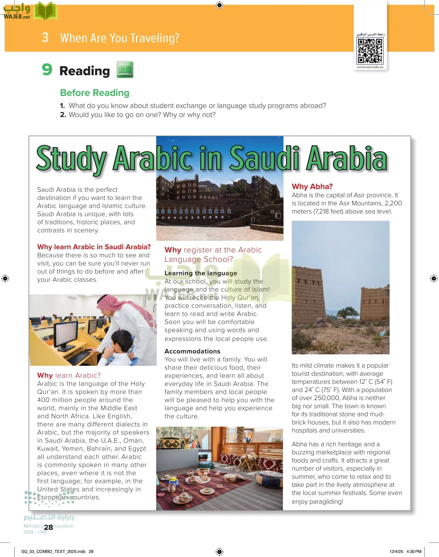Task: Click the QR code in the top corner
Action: coord(370,51)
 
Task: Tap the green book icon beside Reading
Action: coord(125,70)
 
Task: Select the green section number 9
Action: coord(47,69)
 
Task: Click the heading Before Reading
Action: coord(95,93)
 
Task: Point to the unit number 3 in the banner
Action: coord(45,37)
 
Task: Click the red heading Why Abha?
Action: coord(312,186)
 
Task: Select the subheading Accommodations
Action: coord(192,351)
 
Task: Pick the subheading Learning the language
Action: coord(201,273)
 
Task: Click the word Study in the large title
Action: coord(72,159)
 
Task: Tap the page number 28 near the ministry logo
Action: coord(49,527)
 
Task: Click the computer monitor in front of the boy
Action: coord(66,334)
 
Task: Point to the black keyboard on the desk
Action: coord(79,358)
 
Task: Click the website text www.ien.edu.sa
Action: coord(370,67)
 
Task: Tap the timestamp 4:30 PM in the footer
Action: coord(414,551)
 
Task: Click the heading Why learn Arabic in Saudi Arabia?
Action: coord(94,247)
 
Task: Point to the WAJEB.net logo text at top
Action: coord(17,17)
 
